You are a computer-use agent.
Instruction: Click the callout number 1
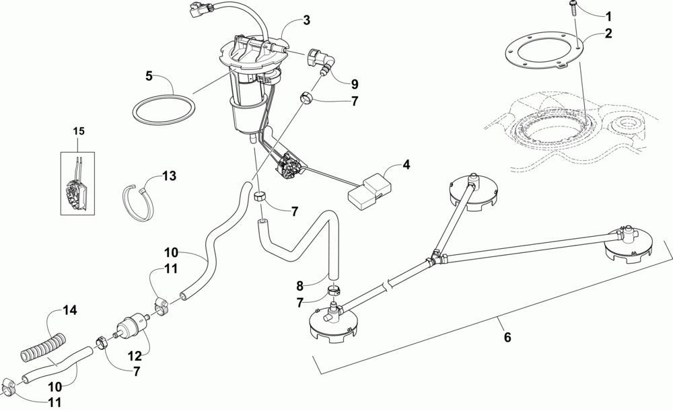(608, 15)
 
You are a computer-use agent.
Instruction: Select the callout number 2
(608, 35)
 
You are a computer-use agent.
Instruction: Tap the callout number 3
(306, 21)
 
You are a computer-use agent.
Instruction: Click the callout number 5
(150, 76)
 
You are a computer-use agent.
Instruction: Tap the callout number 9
(354, 85)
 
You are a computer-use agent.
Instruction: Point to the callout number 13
(168, 176)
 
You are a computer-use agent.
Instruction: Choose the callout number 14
(71, 310)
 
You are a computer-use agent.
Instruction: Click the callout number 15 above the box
(79, 130)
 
